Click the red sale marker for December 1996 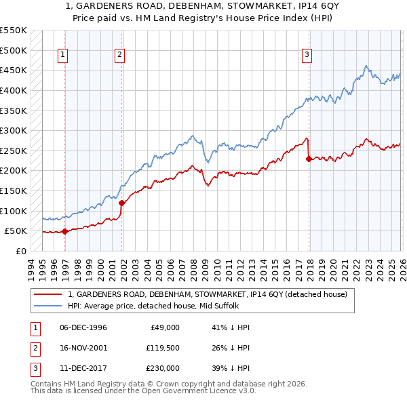(65, 231)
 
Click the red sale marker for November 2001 (122, 203)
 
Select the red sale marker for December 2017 (309, 159)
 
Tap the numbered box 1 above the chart (62, 55)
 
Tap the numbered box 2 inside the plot (119, 55)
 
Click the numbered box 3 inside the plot (307, 55)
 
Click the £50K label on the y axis (16, 231)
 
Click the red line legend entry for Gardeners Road (208, 294)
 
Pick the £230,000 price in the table (162, 368)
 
